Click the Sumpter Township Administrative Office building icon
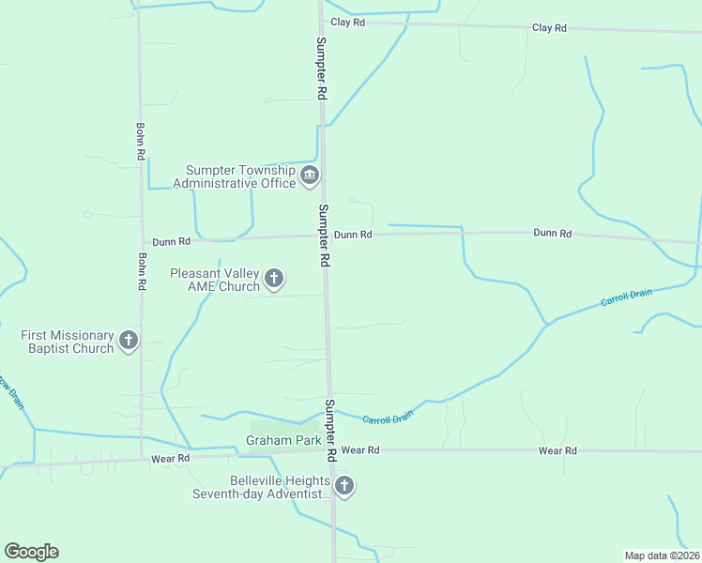pyautogui.click(x=310, y=175)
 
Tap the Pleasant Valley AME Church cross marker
pyautogui.click(x=274, y=278)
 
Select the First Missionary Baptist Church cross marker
pyautogui.click(x=129, y=341)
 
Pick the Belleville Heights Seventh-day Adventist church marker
pyautogui.click(x=344, y=485)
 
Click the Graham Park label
pyautogui.click(x=283, y=439)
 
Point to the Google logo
pyautogui.click(x=31, y=552)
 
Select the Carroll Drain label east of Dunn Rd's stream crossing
pyautogui.click(x=626, y=297)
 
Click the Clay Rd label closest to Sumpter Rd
pyautogui.click(x=347, y=22)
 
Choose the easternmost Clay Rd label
pyautogui.click(x=549, y=28)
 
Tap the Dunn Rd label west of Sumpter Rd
pyautogui.click(x=172, y=241)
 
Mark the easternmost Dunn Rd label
pyautogui.click(x=552, y=233)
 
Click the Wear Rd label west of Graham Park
pyautogui.click(x=171, y=459)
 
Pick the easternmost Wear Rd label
pyautogui.click(x=557, y=451)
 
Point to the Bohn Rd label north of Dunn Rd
pyautogui.click(x=140, y=141)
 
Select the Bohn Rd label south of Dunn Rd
pyautogui.click(x=142, y=270)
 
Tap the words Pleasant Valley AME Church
pyautogui.click(x=215, y=280)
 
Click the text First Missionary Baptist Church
pyautogui.click(x=68, y=342)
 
